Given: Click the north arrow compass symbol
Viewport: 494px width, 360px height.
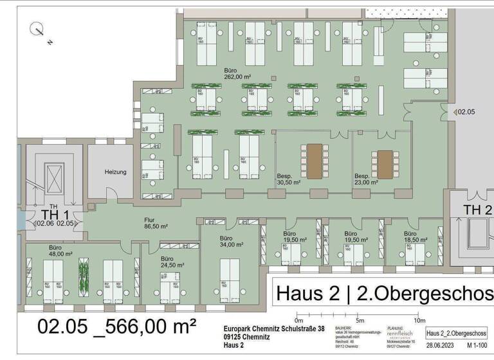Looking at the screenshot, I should pos(38,30).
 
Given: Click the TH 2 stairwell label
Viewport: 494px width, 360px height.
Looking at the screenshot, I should pos(479,210).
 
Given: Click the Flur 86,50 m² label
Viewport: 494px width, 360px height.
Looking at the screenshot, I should pos(156,223).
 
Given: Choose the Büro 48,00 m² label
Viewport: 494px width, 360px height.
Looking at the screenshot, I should pos(61,250).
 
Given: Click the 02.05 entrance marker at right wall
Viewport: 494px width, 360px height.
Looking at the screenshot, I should pos(464,113).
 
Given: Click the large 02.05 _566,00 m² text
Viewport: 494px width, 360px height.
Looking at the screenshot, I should pos(116,326).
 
